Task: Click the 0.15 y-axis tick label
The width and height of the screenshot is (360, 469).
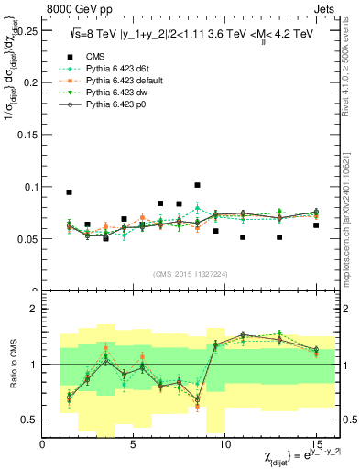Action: [x=26, y=135]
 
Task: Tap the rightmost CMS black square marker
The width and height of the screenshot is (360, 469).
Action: [x=316, y=225]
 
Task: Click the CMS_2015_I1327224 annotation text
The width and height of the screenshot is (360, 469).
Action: [x=190, y=273]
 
